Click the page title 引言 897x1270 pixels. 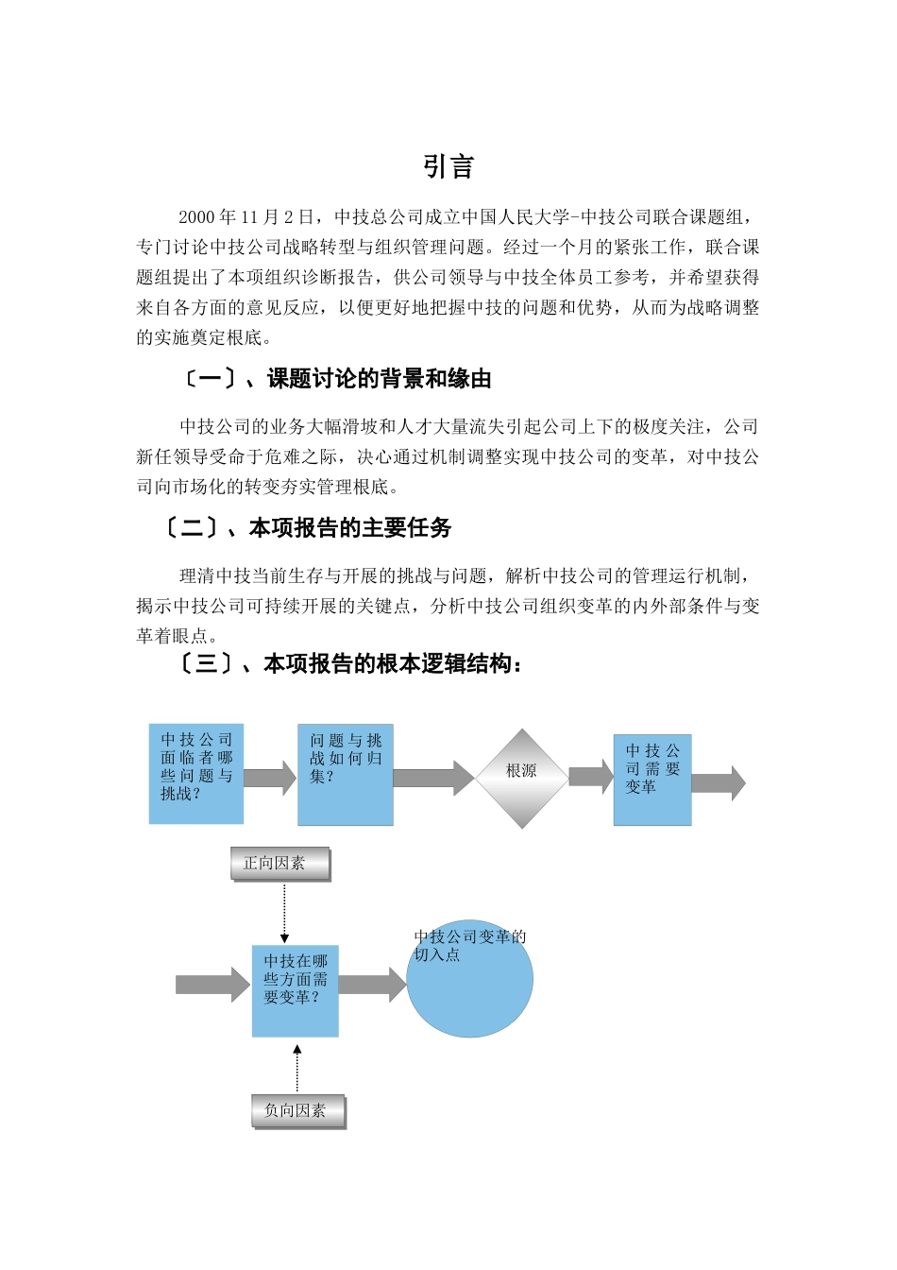[448, 167]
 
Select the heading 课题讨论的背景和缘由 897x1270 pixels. [379, 380]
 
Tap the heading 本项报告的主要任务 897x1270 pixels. [350, 528]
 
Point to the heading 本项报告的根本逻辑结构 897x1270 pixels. [388, 664]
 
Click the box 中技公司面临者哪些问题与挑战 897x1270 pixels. [196, 774]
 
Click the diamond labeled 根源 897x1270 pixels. [521, 779]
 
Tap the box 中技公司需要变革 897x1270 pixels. [652, 780]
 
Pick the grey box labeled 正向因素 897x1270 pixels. [280, 864]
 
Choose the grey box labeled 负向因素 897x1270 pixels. [298, 1111]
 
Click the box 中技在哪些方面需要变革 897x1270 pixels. [296, 990]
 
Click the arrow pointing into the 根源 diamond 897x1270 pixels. [433, 778]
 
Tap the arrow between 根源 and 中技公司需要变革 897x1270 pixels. [591, 777]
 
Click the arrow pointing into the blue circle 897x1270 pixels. [372, 985]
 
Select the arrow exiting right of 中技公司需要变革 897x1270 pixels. [719, 782]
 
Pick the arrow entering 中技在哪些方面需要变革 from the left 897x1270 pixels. [213, 985]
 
